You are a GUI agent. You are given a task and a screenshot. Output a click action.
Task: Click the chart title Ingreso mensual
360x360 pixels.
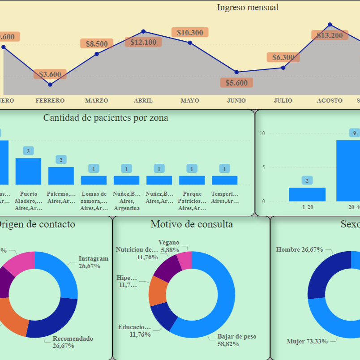point(248,7)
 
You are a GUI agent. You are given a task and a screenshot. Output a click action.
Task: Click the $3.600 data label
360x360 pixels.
point(50,74)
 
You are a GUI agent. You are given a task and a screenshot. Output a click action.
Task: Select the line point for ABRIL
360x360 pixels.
point(143,31)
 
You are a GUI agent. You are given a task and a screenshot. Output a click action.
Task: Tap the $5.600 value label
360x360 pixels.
point(236,83)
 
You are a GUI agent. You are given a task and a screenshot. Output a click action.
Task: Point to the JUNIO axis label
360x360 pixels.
point(236,101)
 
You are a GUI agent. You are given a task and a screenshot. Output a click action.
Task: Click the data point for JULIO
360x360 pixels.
point(283,68)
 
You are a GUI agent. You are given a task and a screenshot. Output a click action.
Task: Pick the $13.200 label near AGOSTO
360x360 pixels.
point(330,35)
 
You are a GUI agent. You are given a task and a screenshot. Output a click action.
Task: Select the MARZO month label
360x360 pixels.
point(97,101)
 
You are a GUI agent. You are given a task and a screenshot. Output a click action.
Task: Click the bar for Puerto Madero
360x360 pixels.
point(28,171)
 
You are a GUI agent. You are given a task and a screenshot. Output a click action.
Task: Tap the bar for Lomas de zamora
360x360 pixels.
point(94,180)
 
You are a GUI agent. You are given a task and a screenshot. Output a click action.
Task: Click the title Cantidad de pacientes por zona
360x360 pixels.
point(106,118)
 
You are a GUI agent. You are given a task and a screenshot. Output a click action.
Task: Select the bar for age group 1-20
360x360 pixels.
point(307,194)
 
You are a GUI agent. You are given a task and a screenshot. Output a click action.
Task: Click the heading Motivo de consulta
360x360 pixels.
point(192,224)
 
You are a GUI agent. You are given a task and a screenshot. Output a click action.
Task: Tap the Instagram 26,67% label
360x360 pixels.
point(93,262)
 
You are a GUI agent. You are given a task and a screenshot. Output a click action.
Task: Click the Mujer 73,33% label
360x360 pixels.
point(307,341)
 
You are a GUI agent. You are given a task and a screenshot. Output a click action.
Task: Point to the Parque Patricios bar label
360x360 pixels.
point(192,201)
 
